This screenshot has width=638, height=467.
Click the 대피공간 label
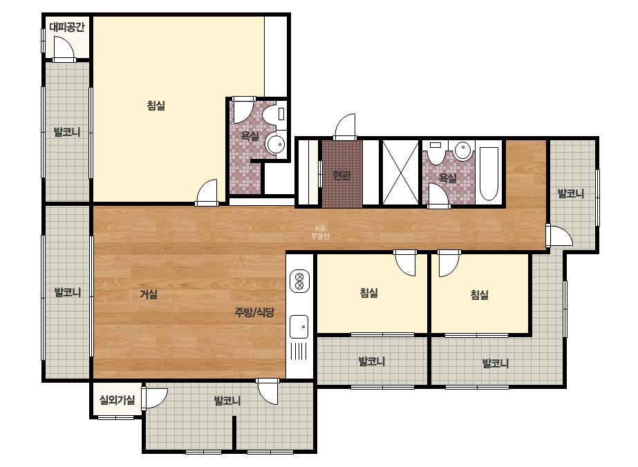pos(67,27)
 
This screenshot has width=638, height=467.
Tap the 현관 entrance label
pos(341,175)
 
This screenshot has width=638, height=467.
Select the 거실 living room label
pos(149,294)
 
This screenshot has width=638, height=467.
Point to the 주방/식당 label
pos(254,312)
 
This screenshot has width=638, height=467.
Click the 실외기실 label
pos(118,400)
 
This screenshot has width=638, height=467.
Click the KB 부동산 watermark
pos(320,232)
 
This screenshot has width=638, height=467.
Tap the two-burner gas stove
pos(299,281)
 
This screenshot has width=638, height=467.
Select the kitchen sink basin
pos(299,326)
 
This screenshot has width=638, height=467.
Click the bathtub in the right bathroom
pos(489,173)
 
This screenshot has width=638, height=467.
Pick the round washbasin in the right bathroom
pos(462,151)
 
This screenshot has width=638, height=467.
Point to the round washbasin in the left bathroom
pos(276,144)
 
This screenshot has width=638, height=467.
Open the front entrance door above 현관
pos(345,126)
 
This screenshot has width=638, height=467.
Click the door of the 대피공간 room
pos(64,49)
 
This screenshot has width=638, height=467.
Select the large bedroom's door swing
pos(207,193)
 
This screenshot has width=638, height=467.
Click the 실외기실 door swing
pos(155,398)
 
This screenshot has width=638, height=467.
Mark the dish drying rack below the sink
pos(299,352)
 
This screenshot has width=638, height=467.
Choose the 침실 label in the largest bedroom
pos(156,106)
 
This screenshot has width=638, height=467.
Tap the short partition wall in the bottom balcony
pos(234,432)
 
